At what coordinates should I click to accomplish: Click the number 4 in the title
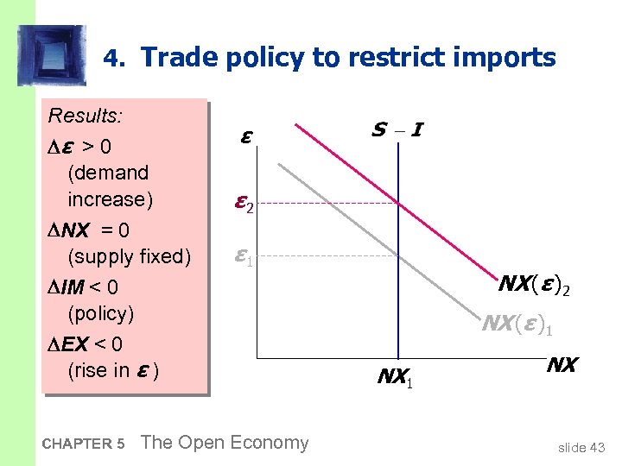coord(110,59)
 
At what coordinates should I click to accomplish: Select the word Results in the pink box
coord(85,116)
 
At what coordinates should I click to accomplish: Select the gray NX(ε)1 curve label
coord(517,324)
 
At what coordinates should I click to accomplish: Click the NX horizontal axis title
coord(561,365)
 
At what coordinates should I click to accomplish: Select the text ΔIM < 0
coord(84,286)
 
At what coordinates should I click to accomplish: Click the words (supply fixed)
coord(129,256)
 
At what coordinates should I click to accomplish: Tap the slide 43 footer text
coord(581,446)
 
